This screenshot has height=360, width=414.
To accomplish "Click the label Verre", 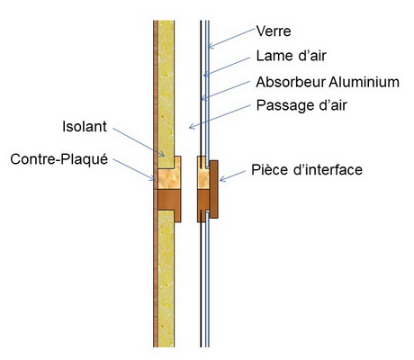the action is [x=274, y=31].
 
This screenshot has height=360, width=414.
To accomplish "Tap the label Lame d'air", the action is [x=291, y=56].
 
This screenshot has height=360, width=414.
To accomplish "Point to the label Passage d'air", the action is [x=301, y=105].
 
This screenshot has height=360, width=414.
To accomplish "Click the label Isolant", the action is [x=85, y=127].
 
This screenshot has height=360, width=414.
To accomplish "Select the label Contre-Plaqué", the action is [x=59, y=158].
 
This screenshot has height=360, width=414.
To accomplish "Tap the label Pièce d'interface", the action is [x=307, y=169].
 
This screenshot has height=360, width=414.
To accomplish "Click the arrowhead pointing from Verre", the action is [x=209, y=47].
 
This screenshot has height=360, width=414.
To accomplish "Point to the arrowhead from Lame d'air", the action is [x=205, y=75].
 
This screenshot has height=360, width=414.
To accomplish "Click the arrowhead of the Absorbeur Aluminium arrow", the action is [x=202, y=99].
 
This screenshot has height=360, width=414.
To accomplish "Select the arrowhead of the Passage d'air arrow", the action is [x=191, y=127].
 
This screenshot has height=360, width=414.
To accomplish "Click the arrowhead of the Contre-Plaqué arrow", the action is [x=154, y=179].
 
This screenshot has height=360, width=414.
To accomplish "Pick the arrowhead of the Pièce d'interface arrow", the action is [x=221, y=180].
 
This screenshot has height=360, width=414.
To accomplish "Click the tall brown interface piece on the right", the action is [x=214, y=189].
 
